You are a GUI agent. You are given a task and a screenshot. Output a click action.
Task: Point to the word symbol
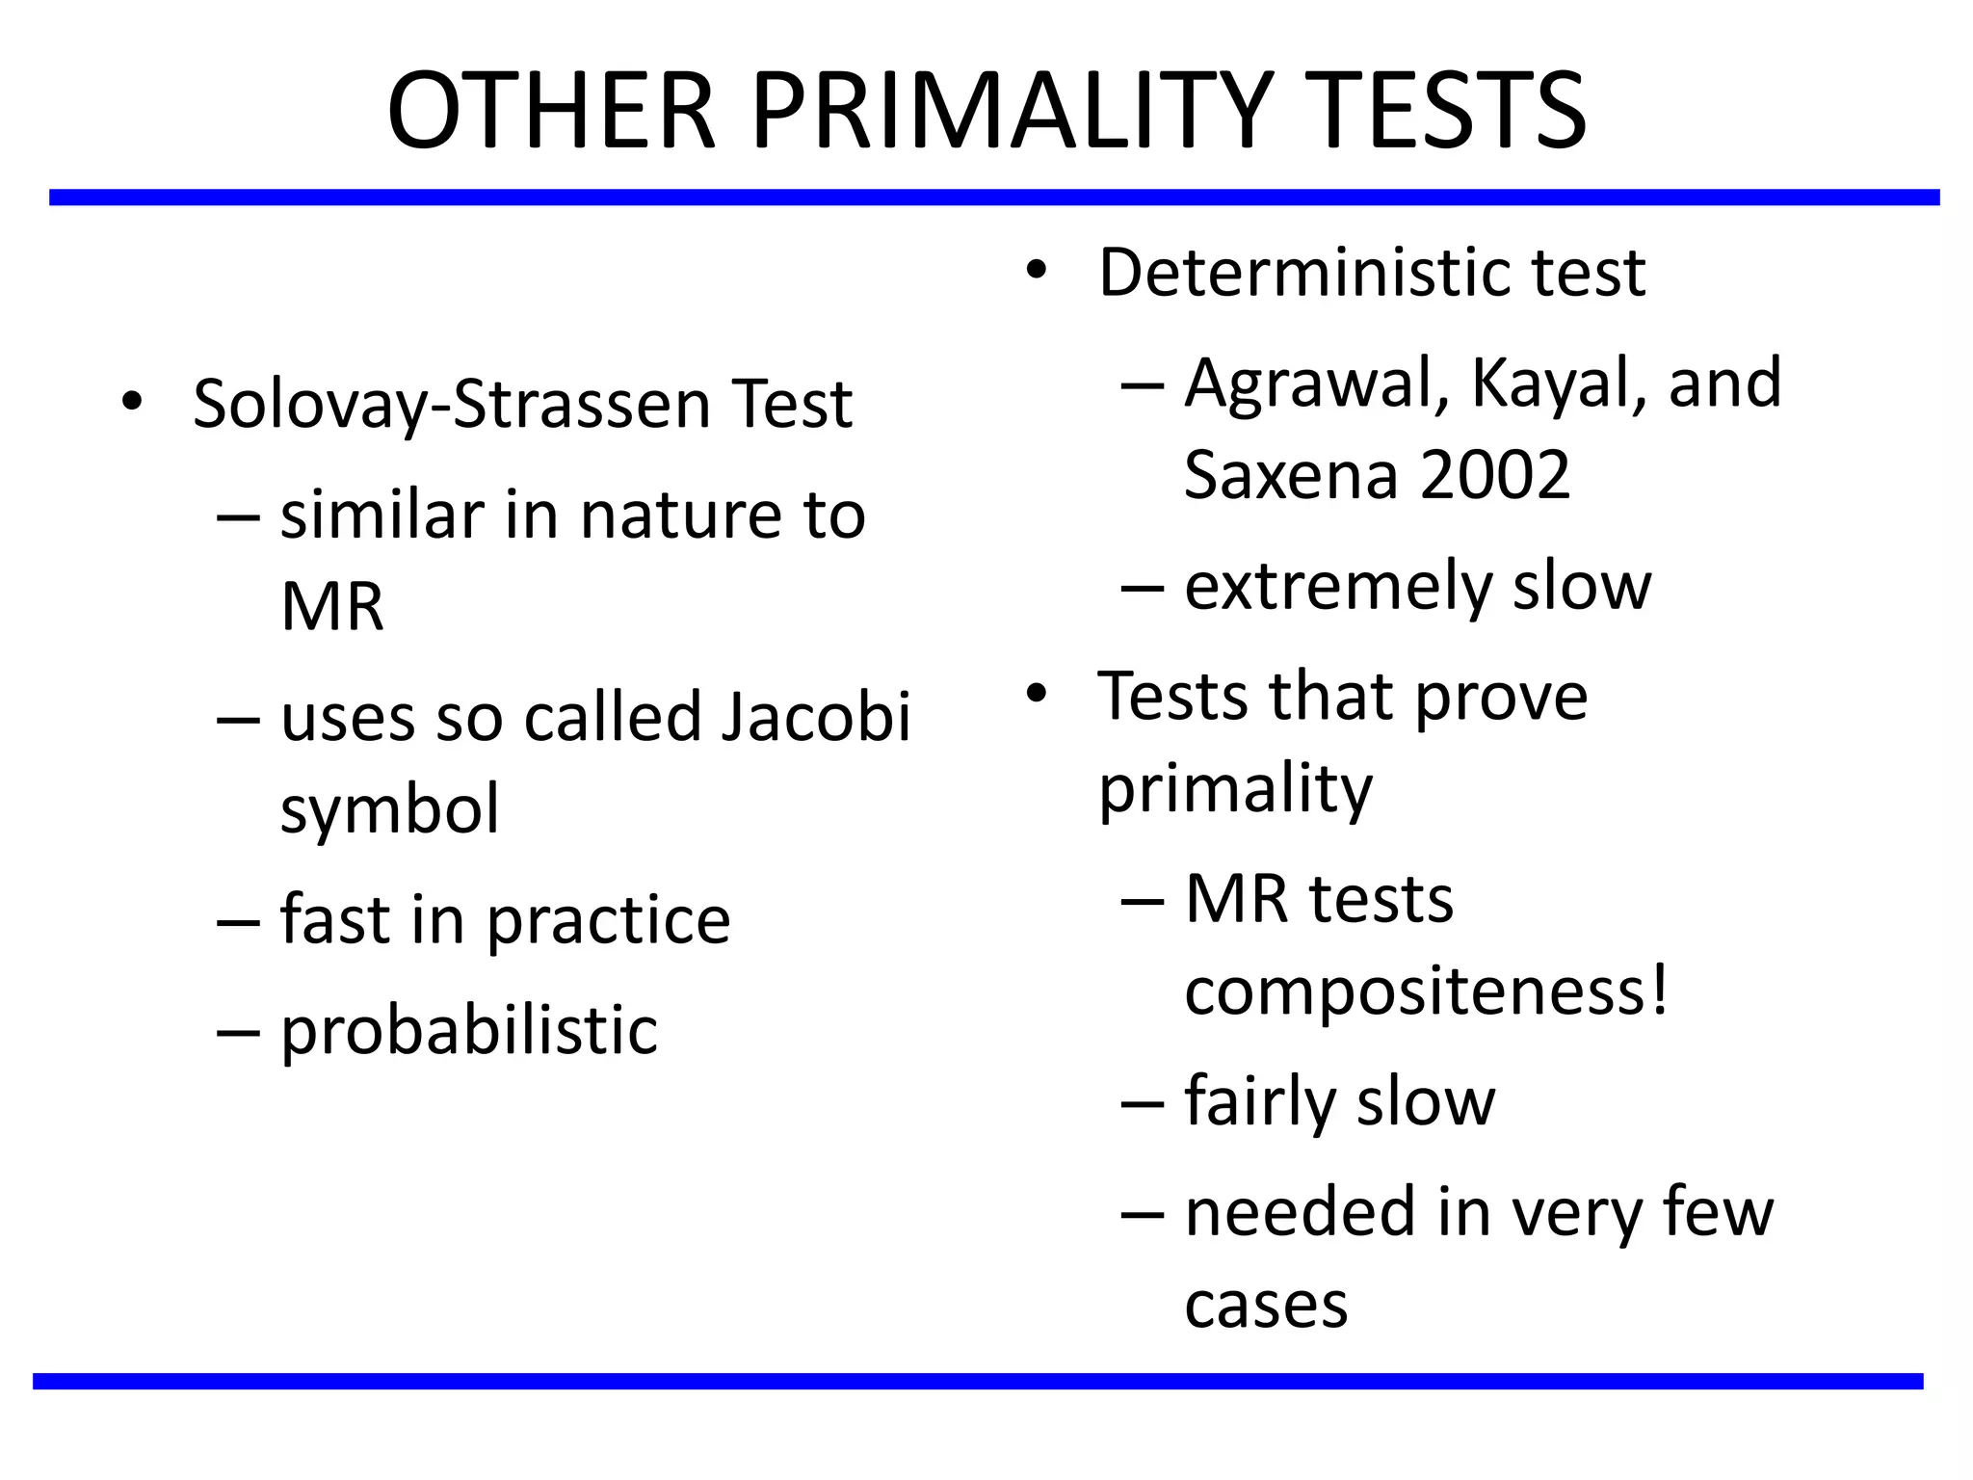click(x=389, y=809)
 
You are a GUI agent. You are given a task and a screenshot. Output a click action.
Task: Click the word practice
click(x=608, y=920)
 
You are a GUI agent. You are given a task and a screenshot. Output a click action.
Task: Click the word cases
click(x=1266, y=1306)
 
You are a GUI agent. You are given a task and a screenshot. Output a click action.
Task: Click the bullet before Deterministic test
click(x=1036, y=270)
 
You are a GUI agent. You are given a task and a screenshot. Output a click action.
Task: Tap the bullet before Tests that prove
click(x=1036, y=693)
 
